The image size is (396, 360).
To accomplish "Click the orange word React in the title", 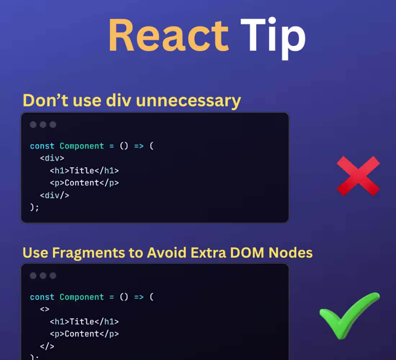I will pos(168,35).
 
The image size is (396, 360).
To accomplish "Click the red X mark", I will pos(358,176).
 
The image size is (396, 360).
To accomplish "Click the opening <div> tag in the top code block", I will pos(52,158).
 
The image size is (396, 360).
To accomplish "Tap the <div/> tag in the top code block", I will pos(54,195).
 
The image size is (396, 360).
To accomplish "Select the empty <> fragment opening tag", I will pos(45,309).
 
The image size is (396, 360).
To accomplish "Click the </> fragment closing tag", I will pos(47,346).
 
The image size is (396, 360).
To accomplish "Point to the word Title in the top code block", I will pos(82,171).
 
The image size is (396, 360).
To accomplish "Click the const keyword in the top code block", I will pos(42,146).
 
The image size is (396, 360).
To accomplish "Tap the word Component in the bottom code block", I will pos(82,297).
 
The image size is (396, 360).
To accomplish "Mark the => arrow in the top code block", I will pos(139,146).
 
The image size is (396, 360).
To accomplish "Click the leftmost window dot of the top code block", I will pos(33,125).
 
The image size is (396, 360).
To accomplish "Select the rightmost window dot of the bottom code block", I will pos(53,276).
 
